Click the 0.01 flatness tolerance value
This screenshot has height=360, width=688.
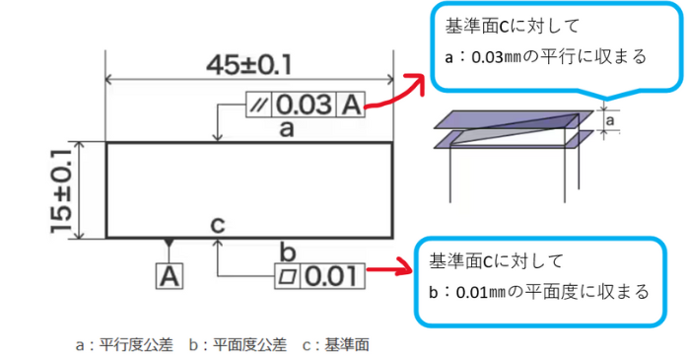coord(330,276)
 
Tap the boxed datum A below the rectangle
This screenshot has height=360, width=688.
coord(171,275)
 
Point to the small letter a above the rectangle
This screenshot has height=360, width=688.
coord(287,129)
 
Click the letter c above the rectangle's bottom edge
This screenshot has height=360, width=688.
coord(218,224)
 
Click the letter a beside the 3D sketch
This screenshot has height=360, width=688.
coord(611,121)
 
